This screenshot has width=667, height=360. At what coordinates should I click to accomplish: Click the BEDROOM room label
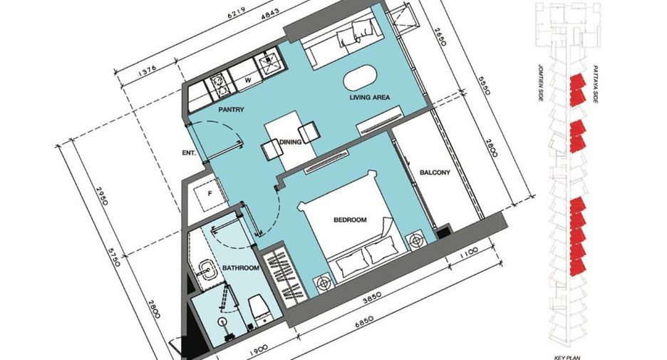350,220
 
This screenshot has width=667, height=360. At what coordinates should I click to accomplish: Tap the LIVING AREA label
370,98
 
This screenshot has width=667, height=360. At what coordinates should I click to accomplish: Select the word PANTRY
232,110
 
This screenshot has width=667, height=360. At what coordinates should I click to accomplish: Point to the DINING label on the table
291,142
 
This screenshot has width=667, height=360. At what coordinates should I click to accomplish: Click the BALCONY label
435,173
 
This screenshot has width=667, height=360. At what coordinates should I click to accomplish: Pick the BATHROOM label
241,268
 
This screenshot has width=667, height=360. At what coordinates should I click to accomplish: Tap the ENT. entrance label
189,153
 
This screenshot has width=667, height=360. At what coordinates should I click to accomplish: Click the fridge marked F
210,194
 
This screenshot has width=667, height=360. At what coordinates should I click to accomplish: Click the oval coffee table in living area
361,78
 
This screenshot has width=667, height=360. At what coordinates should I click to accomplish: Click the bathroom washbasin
208,269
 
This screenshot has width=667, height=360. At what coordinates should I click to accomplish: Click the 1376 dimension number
148,68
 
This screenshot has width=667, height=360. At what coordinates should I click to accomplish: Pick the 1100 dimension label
469,251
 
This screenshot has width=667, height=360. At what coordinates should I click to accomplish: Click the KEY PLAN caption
567,357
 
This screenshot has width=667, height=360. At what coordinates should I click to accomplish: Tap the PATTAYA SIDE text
595,85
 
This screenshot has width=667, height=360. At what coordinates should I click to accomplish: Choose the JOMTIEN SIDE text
540,83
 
